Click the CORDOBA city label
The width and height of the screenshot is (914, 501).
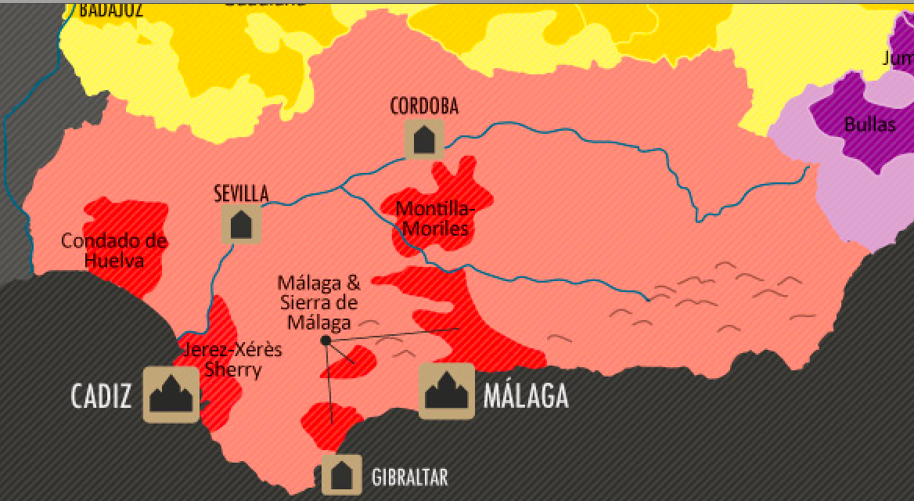[424, 106]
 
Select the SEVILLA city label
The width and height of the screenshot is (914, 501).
[241, 193]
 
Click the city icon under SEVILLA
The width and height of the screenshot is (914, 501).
[241, 225]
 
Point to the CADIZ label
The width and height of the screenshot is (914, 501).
[101, 397]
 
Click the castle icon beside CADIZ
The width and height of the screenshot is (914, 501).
[171, 395]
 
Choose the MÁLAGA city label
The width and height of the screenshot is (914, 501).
[526, 397]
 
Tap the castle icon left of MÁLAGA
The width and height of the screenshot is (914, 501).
[447, 391]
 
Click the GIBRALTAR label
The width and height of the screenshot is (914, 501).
[410, 477]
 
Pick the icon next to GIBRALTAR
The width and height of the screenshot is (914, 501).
[341, 474]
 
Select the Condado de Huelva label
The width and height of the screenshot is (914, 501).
[114, 250]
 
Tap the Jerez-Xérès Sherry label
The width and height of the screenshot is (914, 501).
[232, 360]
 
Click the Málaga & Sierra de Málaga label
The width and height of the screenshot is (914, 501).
[318, 301]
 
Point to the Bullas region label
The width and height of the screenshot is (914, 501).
[870, 124]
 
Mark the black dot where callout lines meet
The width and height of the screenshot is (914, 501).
[326, 341]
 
